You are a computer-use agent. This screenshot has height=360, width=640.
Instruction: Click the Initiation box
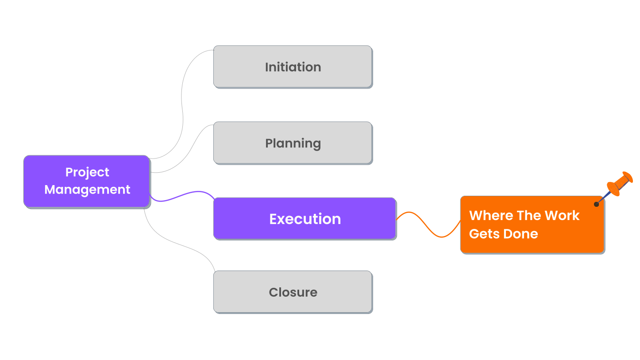point(293,66)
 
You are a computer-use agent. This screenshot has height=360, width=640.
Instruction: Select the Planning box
point(293,143)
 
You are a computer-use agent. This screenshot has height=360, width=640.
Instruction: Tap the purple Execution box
point(305,219)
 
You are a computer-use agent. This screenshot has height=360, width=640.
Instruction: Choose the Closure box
point(293,292)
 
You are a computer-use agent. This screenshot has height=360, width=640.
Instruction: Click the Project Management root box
point(87,181)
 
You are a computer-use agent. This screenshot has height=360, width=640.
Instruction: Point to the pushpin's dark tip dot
point(597,204)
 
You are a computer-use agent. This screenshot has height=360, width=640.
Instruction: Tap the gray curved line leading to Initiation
point(182,106)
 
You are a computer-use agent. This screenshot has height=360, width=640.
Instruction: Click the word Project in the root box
point(87,172)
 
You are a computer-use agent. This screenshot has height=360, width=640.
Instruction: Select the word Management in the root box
point(87,190)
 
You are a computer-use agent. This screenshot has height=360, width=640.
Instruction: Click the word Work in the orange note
point(562,216)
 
